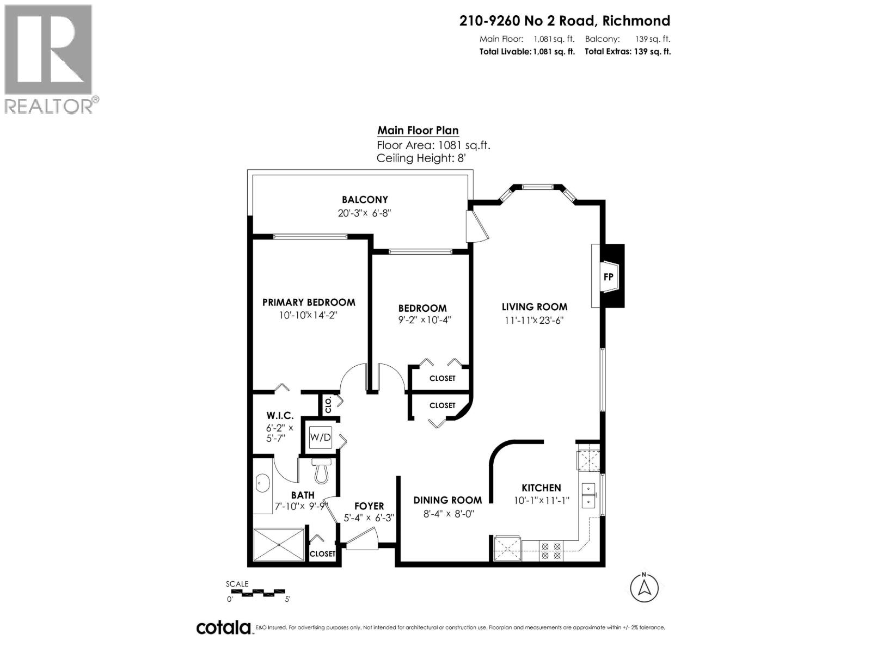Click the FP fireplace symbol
pos(609,276)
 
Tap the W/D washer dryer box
pos(320,437)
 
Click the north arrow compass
pos(644,588)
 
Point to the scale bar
pos(256,592)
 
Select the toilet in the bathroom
pos(322,470)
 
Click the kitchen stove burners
pos(550,551)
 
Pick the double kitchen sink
pos(589,495)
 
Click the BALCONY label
pos(365,200)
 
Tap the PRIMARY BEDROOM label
pos(309,303)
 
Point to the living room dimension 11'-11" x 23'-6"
pos(533,321)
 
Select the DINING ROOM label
pos(447,500)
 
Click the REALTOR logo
pos(49,59)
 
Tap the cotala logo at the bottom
pos(223,627)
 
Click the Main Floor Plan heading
pos(418,131)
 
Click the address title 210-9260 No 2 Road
pos(565,21)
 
